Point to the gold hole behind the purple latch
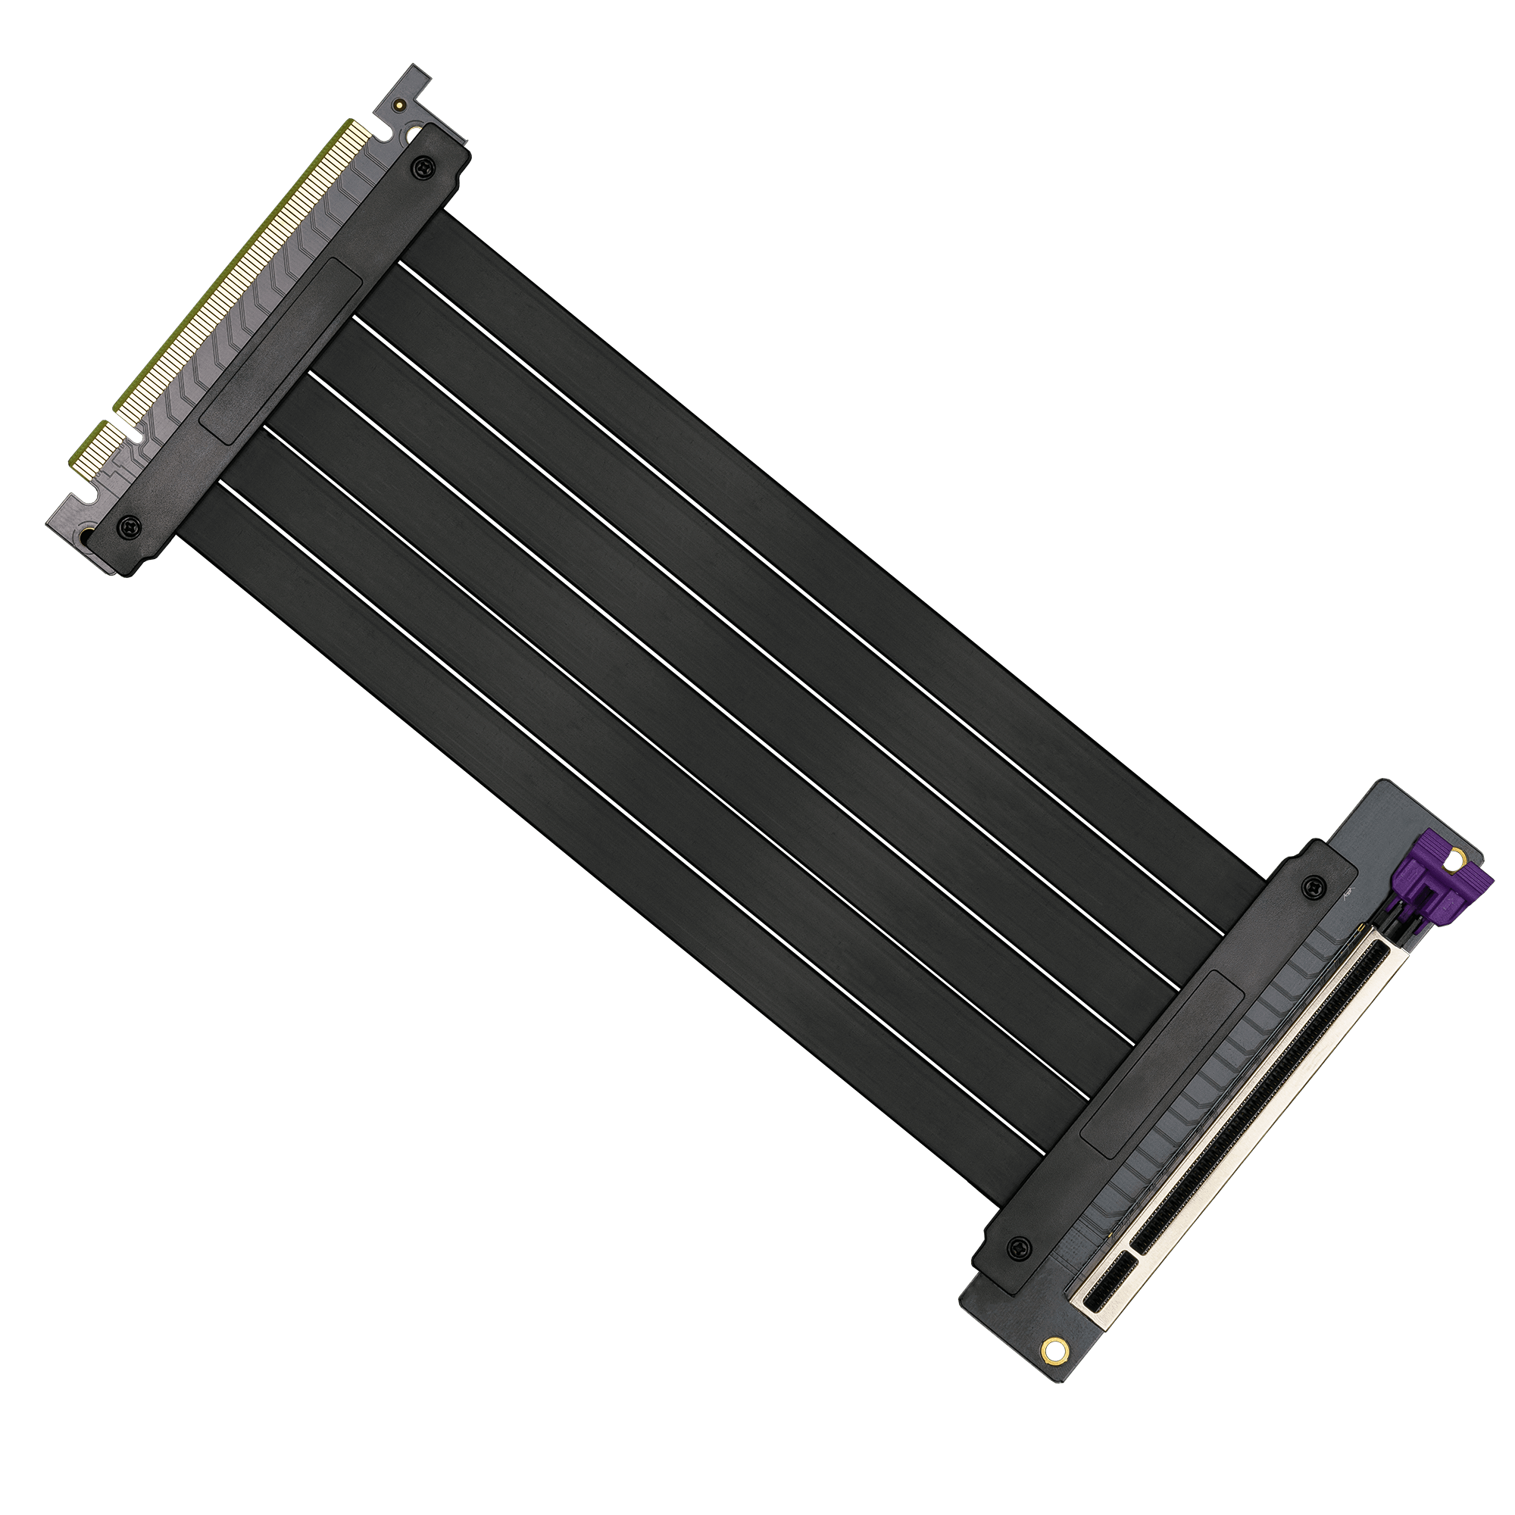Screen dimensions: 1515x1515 [x=1457, y=860]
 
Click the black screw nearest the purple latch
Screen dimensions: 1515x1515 [x=1310, y=888]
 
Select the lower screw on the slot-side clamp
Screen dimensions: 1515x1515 [x=1019, y=1246]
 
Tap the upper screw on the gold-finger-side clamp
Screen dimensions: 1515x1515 [x=424, y=167]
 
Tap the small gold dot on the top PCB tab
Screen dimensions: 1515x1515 [x=400, y=103]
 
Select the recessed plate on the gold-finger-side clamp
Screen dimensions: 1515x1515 [x=281, y=351]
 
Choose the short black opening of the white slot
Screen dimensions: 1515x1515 [x=1109, y=1287]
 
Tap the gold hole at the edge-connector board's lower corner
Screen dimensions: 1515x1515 [x=84, y=535]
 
